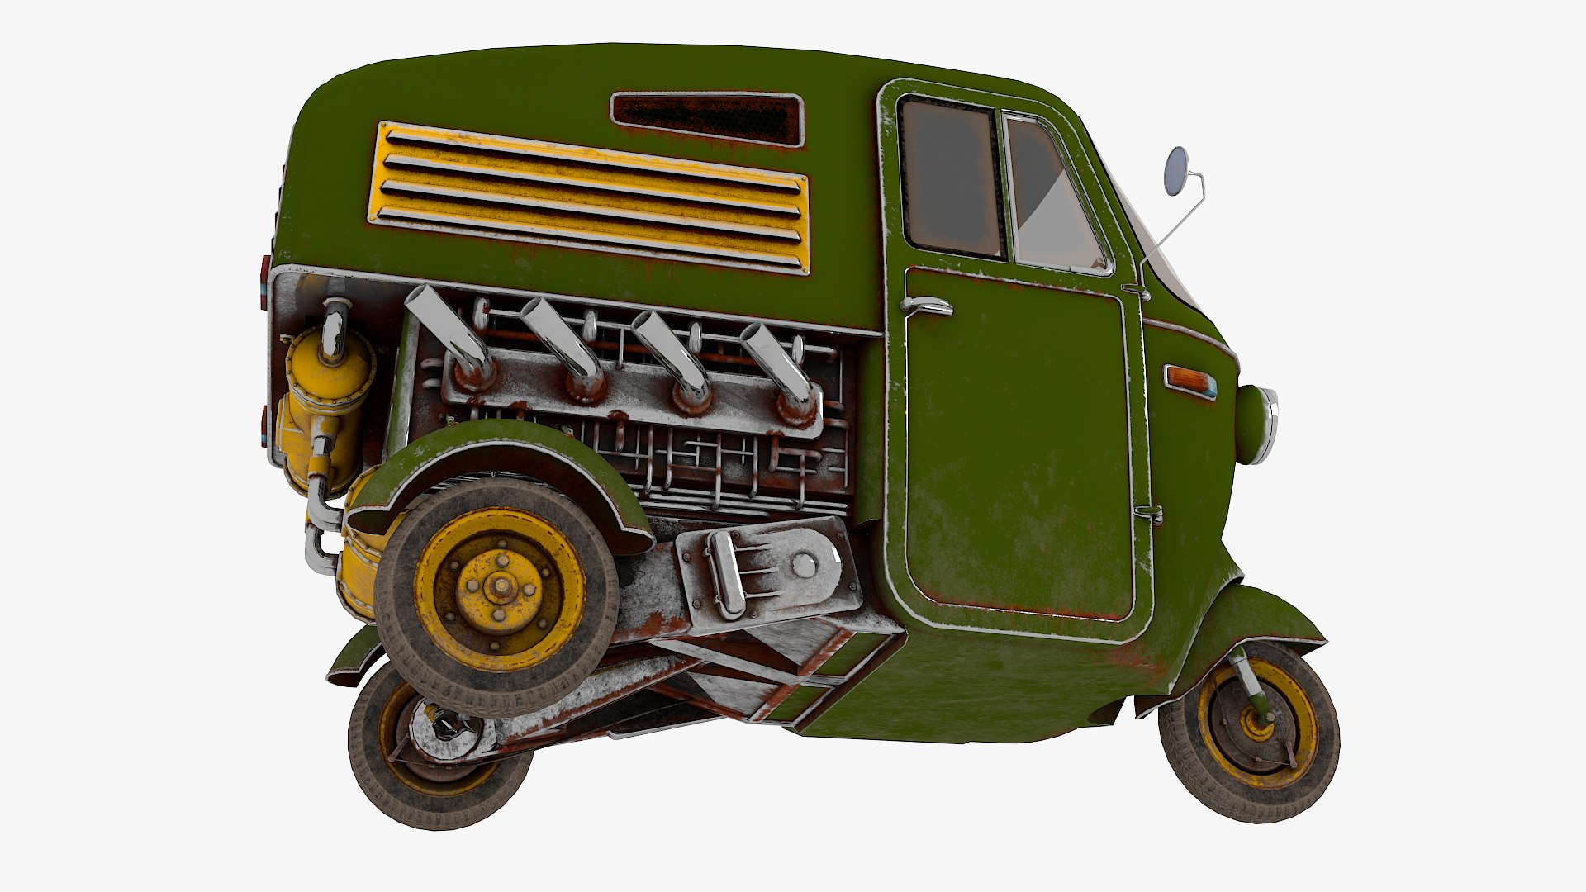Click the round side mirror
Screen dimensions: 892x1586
point(1176,171)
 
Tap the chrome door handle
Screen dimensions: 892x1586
point(927,306)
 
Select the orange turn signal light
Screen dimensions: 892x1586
point(1189,381)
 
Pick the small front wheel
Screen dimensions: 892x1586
point(1249,731)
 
